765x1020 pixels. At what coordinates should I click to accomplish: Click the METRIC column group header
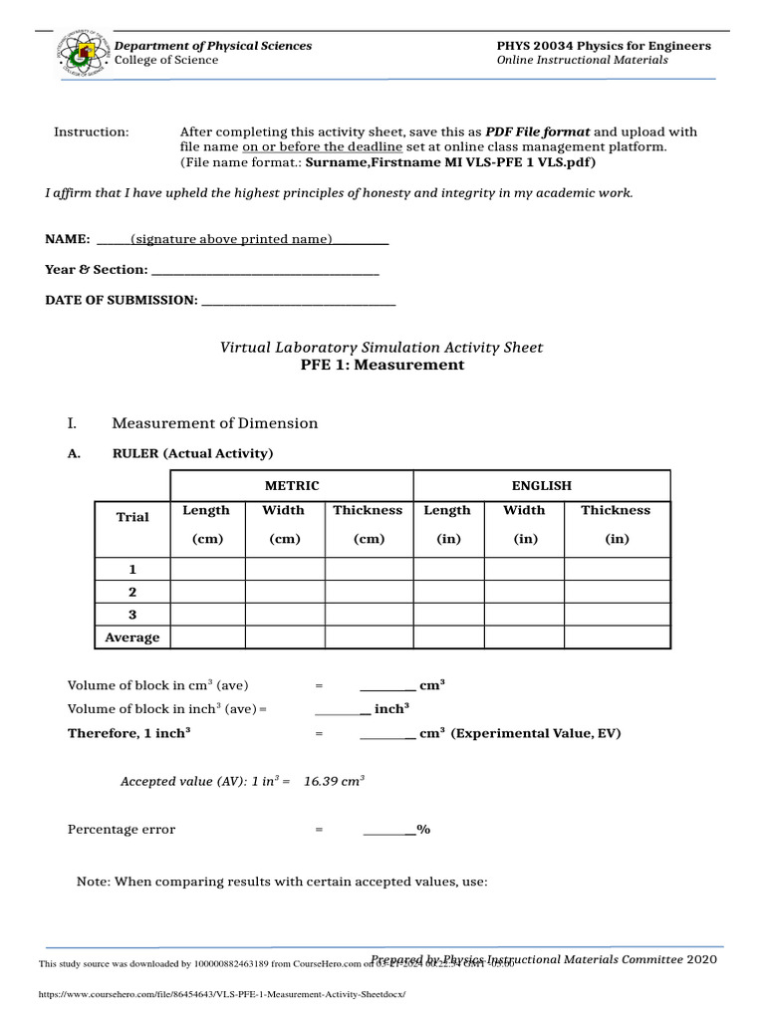point(291,485)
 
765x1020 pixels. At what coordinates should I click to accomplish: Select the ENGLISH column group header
point(541,485)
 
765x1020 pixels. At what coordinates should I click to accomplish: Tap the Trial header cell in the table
point(132,517)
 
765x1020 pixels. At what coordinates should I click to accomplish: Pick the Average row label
point(132,637)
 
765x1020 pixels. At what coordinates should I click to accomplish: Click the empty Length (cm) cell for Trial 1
point(207,570)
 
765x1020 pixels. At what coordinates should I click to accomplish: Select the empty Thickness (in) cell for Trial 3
point(615,615)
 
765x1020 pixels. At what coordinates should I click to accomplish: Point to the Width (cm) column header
point(283,524)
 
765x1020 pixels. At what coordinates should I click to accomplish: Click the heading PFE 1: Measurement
point(382,365)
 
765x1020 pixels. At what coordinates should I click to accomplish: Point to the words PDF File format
point(537,131)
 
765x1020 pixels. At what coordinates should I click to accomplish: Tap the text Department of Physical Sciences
point(212,46)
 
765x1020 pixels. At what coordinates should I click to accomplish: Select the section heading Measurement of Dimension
point(214,423)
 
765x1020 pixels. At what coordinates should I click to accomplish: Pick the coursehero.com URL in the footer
point(222,994)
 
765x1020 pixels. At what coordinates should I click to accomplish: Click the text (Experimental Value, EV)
point(536,733)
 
